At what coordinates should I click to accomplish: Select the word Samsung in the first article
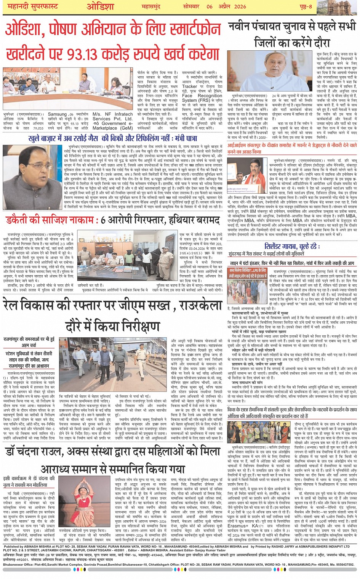pos(57,114)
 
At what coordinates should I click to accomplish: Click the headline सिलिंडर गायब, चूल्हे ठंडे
pos(292,246)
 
